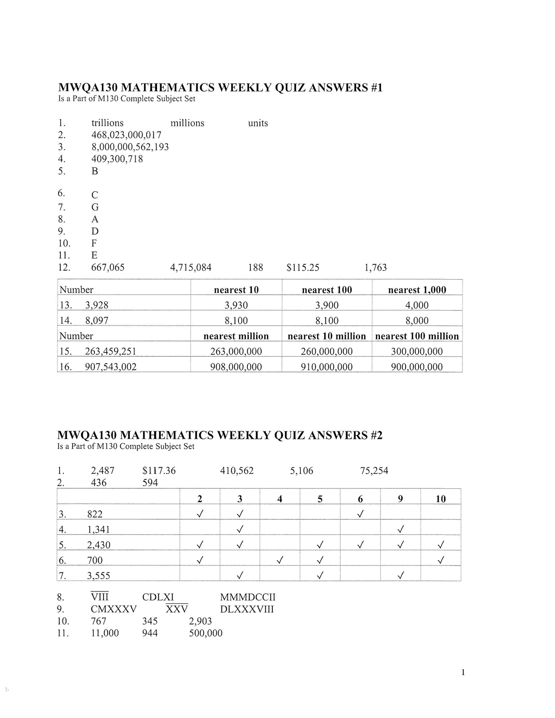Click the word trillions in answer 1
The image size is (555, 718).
[x=107, y=123]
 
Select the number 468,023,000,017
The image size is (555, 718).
[x=126, y=135]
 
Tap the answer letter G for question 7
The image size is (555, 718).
[x=95, y=207]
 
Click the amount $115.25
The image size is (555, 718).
[x=303, y=268]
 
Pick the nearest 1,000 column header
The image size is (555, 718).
[x=417, y=290]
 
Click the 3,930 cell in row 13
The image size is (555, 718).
[x=236, y=305]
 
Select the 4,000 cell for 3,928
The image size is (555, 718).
[x=417, y=305]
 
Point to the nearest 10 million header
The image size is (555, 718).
[x=326, y=336]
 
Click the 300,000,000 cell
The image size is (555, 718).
[x=417, y=351]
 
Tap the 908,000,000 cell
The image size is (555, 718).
[x=236, y=367]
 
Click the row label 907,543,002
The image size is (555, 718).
[x=111, y=367]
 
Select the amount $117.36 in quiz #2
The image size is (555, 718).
[x=159, y=471]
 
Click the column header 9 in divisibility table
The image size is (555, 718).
[x=400, y=499]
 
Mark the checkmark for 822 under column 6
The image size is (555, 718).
[x=360, y=514]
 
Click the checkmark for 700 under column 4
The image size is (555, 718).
[x=280, y=560]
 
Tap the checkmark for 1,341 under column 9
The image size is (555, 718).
[x=400, y=529]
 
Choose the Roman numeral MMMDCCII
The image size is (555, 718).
[x=248, y=597]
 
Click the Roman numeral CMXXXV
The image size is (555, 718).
[x=114, y=609]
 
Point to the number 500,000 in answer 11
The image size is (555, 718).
[x=205, y=633]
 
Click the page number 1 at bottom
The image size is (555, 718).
[x=463, y=672]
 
